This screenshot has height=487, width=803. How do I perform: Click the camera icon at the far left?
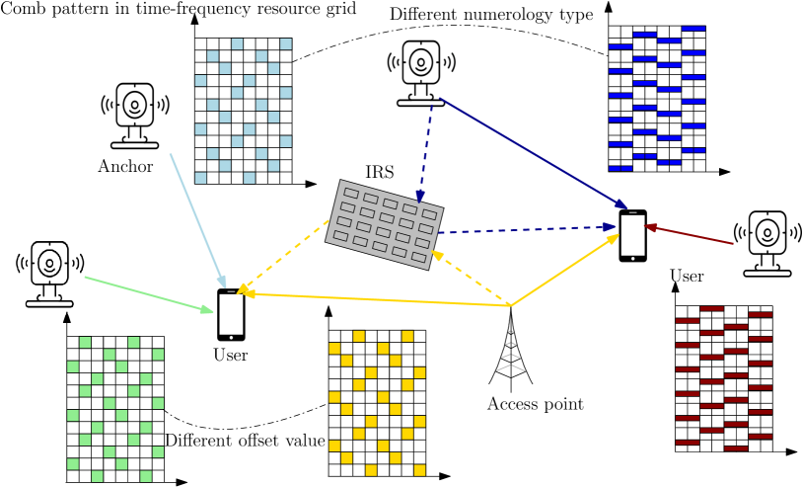[50, 274]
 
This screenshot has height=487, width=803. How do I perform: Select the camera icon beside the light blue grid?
[135, 116]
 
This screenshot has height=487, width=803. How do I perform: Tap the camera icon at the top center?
[421, 73]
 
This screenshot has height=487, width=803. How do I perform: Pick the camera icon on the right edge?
[766, 243]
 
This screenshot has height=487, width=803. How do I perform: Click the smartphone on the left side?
[231, 315]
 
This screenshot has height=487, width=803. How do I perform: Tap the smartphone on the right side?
[632, 236]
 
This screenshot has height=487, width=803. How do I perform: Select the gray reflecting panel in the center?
[384, 224]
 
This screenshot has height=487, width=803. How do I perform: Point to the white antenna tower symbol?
[510, 353]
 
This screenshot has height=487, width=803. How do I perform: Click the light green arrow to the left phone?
[148, 294]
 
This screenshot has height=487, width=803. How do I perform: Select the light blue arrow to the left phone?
[198, 219]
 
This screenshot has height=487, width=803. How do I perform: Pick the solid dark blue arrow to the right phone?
[533, 153]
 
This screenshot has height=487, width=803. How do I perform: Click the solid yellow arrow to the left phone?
[375, 299]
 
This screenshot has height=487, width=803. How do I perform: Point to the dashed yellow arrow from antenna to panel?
[471, 279]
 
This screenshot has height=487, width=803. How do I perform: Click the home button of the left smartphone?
[231, 338]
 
